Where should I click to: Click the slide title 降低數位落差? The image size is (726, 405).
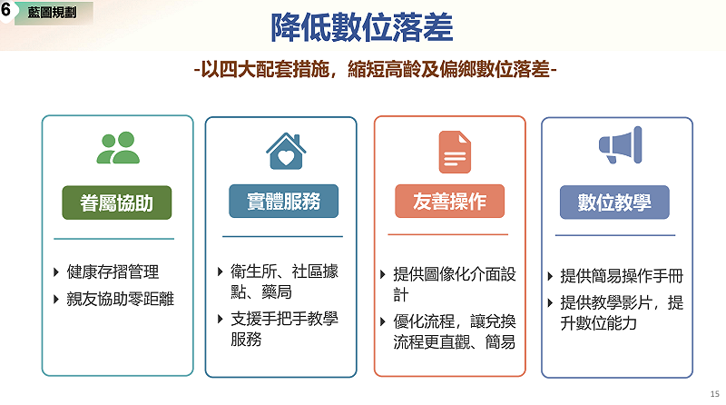click(x=361, y=27)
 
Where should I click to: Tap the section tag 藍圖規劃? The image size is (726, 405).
click(x=53, y=13)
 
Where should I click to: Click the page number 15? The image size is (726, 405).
click(x=714, y=394)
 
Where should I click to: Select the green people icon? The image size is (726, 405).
click(x=118, y=148)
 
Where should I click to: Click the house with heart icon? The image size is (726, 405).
click(x=286, y=151)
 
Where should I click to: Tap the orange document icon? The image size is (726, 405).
click(x=455, y=152)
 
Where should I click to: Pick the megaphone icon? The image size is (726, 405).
click(x=621, y=145)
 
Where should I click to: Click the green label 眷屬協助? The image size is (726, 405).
click(x=117, y=203)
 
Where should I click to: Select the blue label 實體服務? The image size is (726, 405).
click(x=283, y=201)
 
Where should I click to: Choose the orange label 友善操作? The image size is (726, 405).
click(x=449, y=201)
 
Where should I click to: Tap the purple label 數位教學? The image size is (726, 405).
click(x=614, y=202)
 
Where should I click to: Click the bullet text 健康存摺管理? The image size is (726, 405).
click(x=113, y=272)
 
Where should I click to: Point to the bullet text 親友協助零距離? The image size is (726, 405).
click(x=121, y=299)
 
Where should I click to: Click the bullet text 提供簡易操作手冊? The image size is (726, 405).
click(x=622, y=276)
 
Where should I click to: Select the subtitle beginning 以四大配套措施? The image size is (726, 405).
click(x=376, y=70)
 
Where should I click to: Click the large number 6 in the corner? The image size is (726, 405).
click(x=5, y=9)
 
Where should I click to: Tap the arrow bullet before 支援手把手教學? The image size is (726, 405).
click(x=221, y=319)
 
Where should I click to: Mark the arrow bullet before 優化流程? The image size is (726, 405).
click(x=383, y=321)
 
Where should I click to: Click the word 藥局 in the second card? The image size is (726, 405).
click(x=277, y=291)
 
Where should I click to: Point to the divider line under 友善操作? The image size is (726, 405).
click(x=447, y=234)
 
